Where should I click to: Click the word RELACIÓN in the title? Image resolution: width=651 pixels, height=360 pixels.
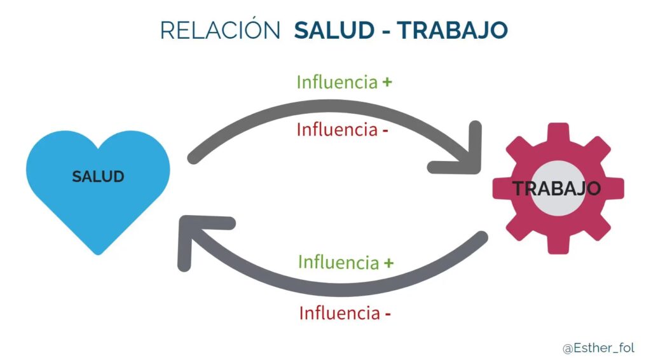click(x=219, y=31)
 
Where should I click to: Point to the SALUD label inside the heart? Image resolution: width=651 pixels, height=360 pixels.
click(x=98, y=176)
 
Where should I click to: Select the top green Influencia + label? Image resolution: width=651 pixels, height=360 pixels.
click(x=344, y=82)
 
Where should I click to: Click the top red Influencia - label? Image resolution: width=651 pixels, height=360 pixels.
click(x=343, y=130)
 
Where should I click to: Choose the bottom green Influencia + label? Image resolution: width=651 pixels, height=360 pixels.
click(x=346, y=261)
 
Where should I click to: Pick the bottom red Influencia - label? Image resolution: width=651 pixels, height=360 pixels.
click(x=345, y=313)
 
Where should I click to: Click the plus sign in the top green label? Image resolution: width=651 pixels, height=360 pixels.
click(x=387, y=82)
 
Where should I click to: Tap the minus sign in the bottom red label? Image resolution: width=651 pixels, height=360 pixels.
click(x=387, y=314)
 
